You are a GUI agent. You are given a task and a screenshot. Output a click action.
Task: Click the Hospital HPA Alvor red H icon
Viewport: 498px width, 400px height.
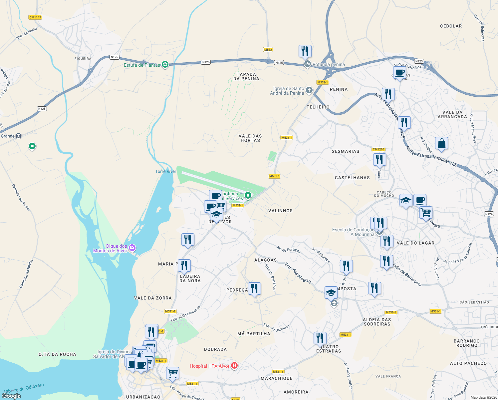[234, 366]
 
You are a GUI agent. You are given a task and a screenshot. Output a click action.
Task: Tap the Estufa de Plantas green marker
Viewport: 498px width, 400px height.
[165, 65]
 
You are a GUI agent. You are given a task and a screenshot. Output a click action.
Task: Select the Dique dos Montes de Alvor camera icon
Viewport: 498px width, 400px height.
[132, 248]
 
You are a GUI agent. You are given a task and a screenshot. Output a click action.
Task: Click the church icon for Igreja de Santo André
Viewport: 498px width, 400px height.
[309, 90]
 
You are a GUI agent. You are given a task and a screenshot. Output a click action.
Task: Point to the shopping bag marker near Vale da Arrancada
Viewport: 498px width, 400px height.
[441, 143]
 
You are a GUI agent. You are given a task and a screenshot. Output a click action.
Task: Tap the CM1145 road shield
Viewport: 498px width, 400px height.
[35, 17]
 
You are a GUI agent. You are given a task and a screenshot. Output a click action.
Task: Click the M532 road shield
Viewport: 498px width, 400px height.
[268, 50]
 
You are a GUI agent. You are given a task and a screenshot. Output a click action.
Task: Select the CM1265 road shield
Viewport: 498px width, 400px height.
[378, 149]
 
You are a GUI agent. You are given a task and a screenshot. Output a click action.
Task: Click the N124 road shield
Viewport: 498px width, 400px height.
[489, 214]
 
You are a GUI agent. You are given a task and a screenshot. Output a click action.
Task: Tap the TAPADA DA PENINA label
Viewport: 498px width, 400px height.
[246, 77]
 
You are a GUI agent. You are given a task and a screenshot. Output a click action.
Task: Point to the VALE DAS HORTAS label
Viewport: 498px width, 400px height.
[250, 138]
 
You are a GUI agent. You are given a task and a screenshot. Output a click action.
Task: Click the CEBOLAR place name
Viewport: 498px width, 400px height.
[451, 26]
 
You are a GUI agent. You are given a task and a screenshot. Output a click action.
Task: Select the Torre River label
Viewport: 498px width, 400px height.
[165, 171]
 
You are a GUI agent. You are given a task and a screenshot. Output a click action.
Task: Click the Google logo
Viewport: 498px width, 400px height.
[11, 396]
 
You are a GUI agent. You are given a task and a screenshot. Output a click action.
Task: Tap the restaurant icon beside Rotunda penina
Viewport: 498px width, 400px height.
[305, 51]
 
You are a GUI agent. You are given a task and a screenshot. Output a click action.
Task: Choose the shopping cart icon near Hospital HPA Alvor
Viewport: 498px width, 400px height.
[172, 373]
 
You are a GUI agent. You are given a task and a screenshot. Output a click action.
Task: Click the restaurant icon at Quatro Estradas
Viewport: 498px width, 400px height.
[320, 338]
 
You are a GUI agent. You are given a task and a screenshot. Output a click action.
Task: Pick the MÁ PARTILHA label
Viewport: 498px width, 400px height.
[254, 334]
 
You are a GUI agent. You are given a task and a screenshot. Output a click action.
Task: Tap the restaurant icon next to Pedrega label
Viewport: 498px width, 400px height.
[254, 289]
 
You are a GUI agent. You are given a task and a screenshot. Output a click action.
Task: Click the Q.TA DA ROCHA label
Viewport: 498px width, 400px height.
[57, 354]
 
